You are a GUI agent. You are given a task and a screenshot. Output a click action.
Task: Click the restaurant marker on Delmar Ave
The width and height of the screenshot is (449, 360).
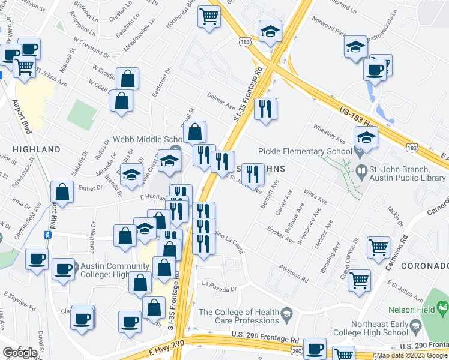pyautogui.click(x=265, y=109)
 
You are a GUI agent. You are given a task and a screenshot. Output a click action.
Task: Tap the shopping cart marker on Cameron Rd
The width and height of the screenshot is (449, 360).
pyautogui.click(x=378, y=246)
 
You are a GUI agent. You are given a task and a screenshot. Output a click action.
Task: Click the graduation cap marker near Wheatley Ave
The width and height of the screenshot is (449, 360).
pyautogui.click(x=366, y=137)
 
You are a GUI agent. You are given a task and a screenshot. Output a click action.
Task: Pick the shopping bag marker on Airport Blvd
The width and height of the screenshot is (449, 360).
pyautogui.click(x=62, y=192)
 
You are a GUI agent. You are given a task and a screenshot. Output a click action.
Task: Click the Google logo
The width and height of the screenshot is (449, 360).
pyautogui.click(x=20, y=352)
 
